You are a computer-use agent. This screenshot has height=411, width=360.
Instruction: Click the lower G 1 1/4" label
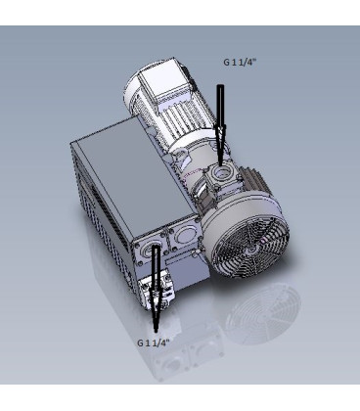coord(153,342)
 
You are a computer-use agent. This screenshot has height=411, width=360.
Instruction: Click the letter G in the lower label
coord(139,342)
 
